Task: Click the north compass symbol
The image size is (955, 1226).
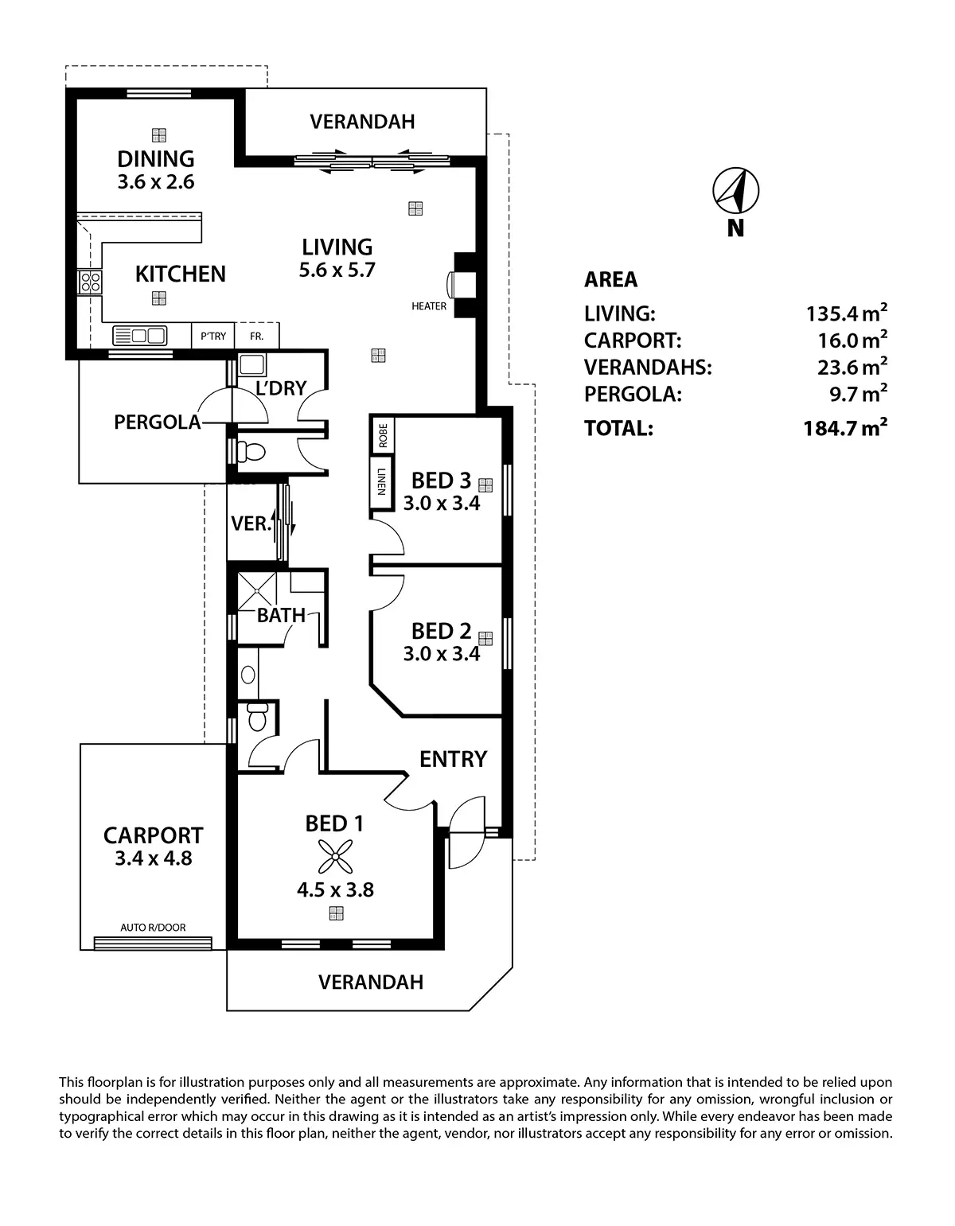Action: click(735, 191)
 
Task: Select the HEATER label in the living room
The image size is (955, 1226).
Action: click(429, 306)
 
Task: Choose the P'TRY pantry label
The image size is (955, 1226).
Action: click(213, 337)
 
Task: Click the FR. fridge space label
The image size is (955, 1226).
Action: click(256, 337)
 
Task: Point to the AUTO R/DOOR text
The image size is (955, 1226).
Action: click(153, 928)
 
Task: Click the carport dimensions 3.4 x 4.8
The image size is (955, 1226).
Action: click(154, 858)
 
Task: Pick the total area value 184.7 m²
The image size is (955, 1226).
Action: click(845, 429)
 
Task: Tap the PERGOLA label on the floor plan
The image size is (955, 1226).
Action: click(158, 422)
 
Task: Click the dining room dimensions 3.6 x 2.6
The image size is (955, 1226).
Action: click(156, 182)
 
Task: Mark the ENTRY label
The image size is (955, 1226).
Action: click(453, 759)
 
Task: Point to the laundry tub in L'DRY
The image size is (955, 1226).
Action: click(253, 365)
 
